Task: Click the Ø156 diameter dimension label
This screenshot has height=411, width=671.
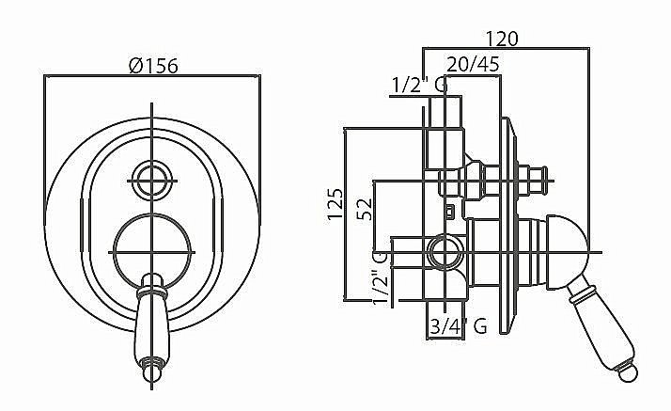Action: tap(153, 66)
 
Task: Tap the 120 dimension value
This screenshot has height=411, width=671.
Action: tap(502, 39)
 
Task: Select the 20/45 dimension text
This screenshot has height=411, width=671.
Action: tap(473, 64)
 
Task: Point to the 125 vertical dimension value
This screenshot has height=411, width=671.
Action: tap(335, 203)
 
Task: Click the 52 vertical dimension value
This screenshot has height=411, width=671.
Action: tap(365, 209)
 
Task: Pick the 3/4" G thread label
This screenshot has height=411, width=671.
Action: tap(459, 326)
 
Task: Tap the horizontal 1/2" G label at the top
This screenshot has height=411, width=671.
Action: tap(420, 86)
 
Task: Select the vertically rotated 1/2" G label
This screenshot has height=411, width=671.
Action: tap(380, 278)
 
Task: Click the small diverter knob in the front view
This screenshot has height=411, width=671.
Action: tap(152, 181)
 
